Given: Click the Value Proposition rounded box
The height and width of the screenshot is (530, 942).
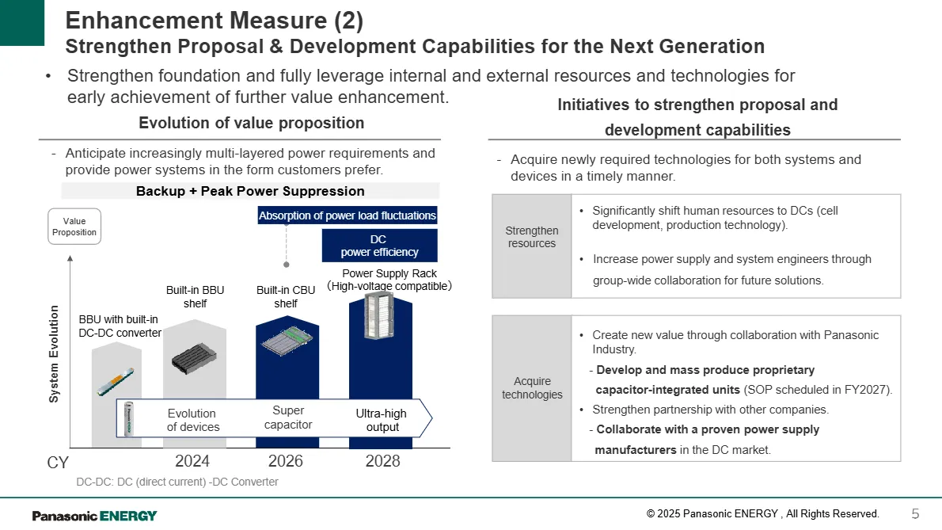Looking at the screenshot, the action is [74, 227].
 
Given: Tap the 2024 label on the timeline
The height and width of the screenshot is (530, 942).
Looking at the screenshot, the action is [192, 461].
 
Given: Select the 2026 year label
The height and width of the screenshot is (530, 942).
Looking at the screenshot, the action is [285, 461].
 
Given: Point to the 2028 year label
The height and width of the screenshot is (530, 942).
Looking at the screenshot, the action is [382, 461].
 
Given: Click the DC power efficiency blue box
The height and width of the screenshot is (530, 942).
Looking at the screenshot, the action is [379, 245].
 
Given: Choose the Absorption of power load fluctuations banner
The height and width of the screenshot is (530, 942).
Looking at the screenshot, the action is [348, 215].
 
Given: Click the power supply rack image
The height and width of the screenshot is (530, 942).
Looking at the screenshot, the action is [379, 315].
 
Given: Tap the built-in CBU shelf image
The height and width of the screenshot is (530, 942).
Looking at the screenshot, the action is [287, 340].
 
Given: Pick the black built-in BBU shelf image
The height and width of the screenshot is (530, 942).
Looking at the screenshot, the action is [193, 358].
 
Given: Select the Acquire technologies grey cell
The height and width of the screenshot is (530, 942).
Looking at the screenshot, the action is [532, 388].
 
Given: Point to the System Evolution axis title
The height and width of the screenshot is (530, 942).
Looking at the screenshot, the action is [54, 354].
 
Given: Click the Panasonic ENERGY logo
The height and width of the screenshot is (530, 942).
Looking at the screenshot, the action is [94, 516].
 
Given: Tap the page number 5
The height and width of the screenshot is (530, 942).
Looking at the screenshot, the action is [916, 514].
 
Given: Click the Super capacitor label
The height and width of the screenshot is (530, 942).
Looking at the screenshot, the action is [288, 417].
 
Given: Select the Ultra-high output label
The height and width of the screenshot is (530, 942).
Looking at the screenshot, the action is [382, 420].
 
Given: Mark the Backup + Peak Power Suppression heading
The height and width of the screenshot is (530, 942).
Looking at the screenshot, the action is [250, 191].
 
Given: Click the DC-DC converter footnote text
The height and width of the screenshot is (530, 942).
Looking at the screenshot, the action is [177, 482].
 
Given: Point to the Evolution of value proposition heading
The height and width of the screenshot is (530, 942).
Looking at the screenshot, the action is [251, 123].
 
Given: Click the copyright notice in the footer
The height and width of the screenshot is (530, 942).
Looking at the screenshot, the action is [762, 514].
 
